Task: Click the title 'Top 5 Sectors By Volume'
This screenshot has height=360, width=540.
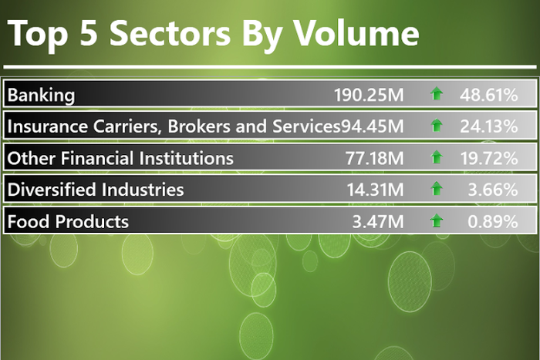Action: pyautogui.click(x=214, y=34)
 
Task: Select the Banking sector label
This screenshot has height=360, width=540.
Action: pyautogui.click(x=41, y=95)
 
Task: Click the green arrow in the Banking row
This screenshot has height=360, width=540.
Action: pyautogui.click(x=437, y=95)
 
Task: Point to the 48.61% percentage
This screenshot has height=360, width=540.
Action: pyautogui.click(x=488, y=95)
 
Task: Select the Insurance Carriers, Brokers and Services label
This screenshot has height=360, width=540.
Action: pyautogui.click(x=174, y=126)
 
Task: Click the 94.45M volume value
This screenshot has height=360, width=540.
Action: pyautogui.click(x=373, y=126)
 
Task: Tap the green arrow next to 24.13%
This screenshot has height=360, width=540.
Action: pyautogui.click(x=437, y=126)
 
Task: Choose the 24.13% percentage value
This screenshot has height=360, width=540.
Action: pyautogui.click(x=488, y=126)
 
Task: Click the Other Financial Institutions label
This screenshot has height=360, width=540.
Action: pyautogui.click(x=120, y=158)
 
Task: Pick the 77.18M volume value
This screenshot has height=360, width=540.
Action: pyautogui.click(x=373, y=158)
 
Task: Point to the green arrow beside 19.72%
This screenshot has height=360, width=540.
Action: pyautogui.click(x=437, y=158)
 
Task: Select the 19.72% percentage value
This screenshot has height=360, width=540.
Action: pyautogui.click(x=488, y=158)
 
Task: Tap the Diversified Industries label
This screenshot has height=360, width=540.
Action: pyautogui.click(x=96, y=190)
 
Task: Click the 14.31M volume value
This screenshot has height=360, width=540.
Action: pyautogui.click(x=373, y=190)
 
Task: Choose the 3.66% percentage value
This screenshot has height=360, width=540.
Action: pyautogui.click(x=494, y=190)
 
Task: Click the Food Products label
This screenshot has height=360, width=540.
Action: pyautogui.click(x=68, y=222)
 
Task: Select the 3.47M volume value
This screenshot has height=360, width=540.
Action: pyautogui.click(x=378, y=222)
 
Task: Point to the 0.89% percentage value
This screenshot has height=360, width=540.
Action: pyautogui.click(x=494, y=222)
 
